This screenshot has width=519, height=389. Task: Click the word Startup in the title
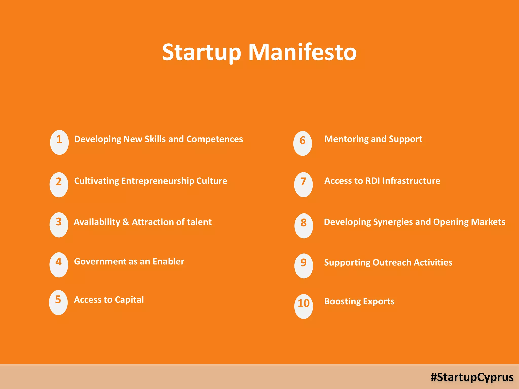click(x=202, y=53)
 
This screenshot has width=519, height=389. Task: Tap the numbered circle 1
click(x=59, y=142)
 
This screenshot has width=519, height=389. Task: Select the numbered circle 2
click(x=59, y=185)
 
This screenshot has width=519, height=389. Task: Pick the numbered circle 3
click(x=59, y=225)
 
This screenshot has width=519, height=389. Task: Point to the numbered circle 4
click(x=59, y=265)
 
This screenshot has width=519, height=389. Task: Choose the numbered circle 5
click(x=58, y=302)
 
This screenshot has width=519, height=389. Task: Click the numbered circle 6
click(x=303, y=143)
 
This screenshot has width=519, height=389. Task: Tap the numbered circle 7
click(x=303, y=185)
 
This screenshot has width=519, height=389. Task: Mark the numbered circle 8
click(x=304, y=226)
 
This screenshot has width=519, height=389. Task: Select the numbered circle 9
click(x=304, y=266)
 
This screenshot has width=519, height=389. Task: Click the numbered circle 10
click(x=304, y=306)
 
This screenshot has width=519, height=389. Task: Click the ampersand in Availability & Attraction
click(x=126, y=222)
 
